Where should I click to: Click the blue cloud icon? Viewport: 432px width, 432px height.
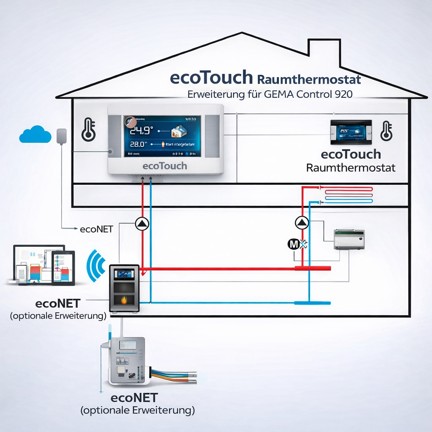[32, 134]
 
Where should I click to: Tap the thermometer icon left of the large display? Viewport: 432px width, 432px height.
[88, 130]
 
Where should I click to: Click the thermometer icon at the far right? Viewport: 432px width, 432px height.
[386, 131]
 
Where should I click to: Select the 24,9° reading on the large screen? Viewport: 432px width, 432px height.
[140, 131]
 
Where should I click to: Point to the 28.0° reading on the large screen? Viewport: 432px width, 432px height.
[137, 145]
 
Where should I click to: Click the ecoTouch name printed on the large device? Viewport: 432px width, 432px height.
[165, 166]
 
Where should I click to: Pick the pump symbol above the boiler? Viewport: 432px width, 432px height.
[142, 224]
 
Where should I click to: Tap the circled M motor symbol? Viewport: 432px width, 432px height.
[293, 244]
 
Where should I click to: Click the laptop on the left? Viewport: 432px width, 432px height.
[36, 264]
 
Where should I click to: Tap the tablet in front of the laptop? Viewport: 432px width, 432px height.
[63, 268]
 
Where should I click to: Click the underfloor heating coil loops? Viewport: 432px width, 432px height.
[348, 195]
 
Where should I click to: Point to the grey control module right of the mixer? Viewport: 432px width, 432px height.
[349, 239]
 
